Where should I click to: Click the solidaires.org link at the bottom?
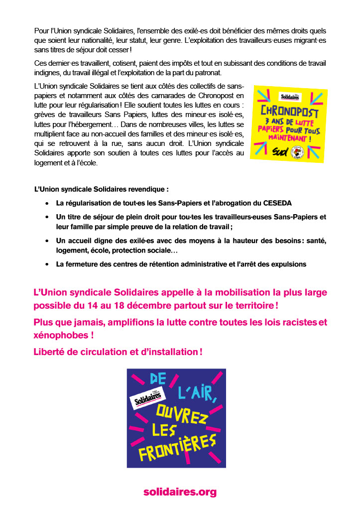coord(180,492)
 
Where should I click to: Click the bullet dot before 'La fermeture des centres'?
coord(47,264)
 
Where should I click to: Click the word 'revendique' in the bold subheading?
coord(146,189)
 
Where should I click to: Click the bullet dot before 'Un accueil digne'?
coord(47,241)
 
